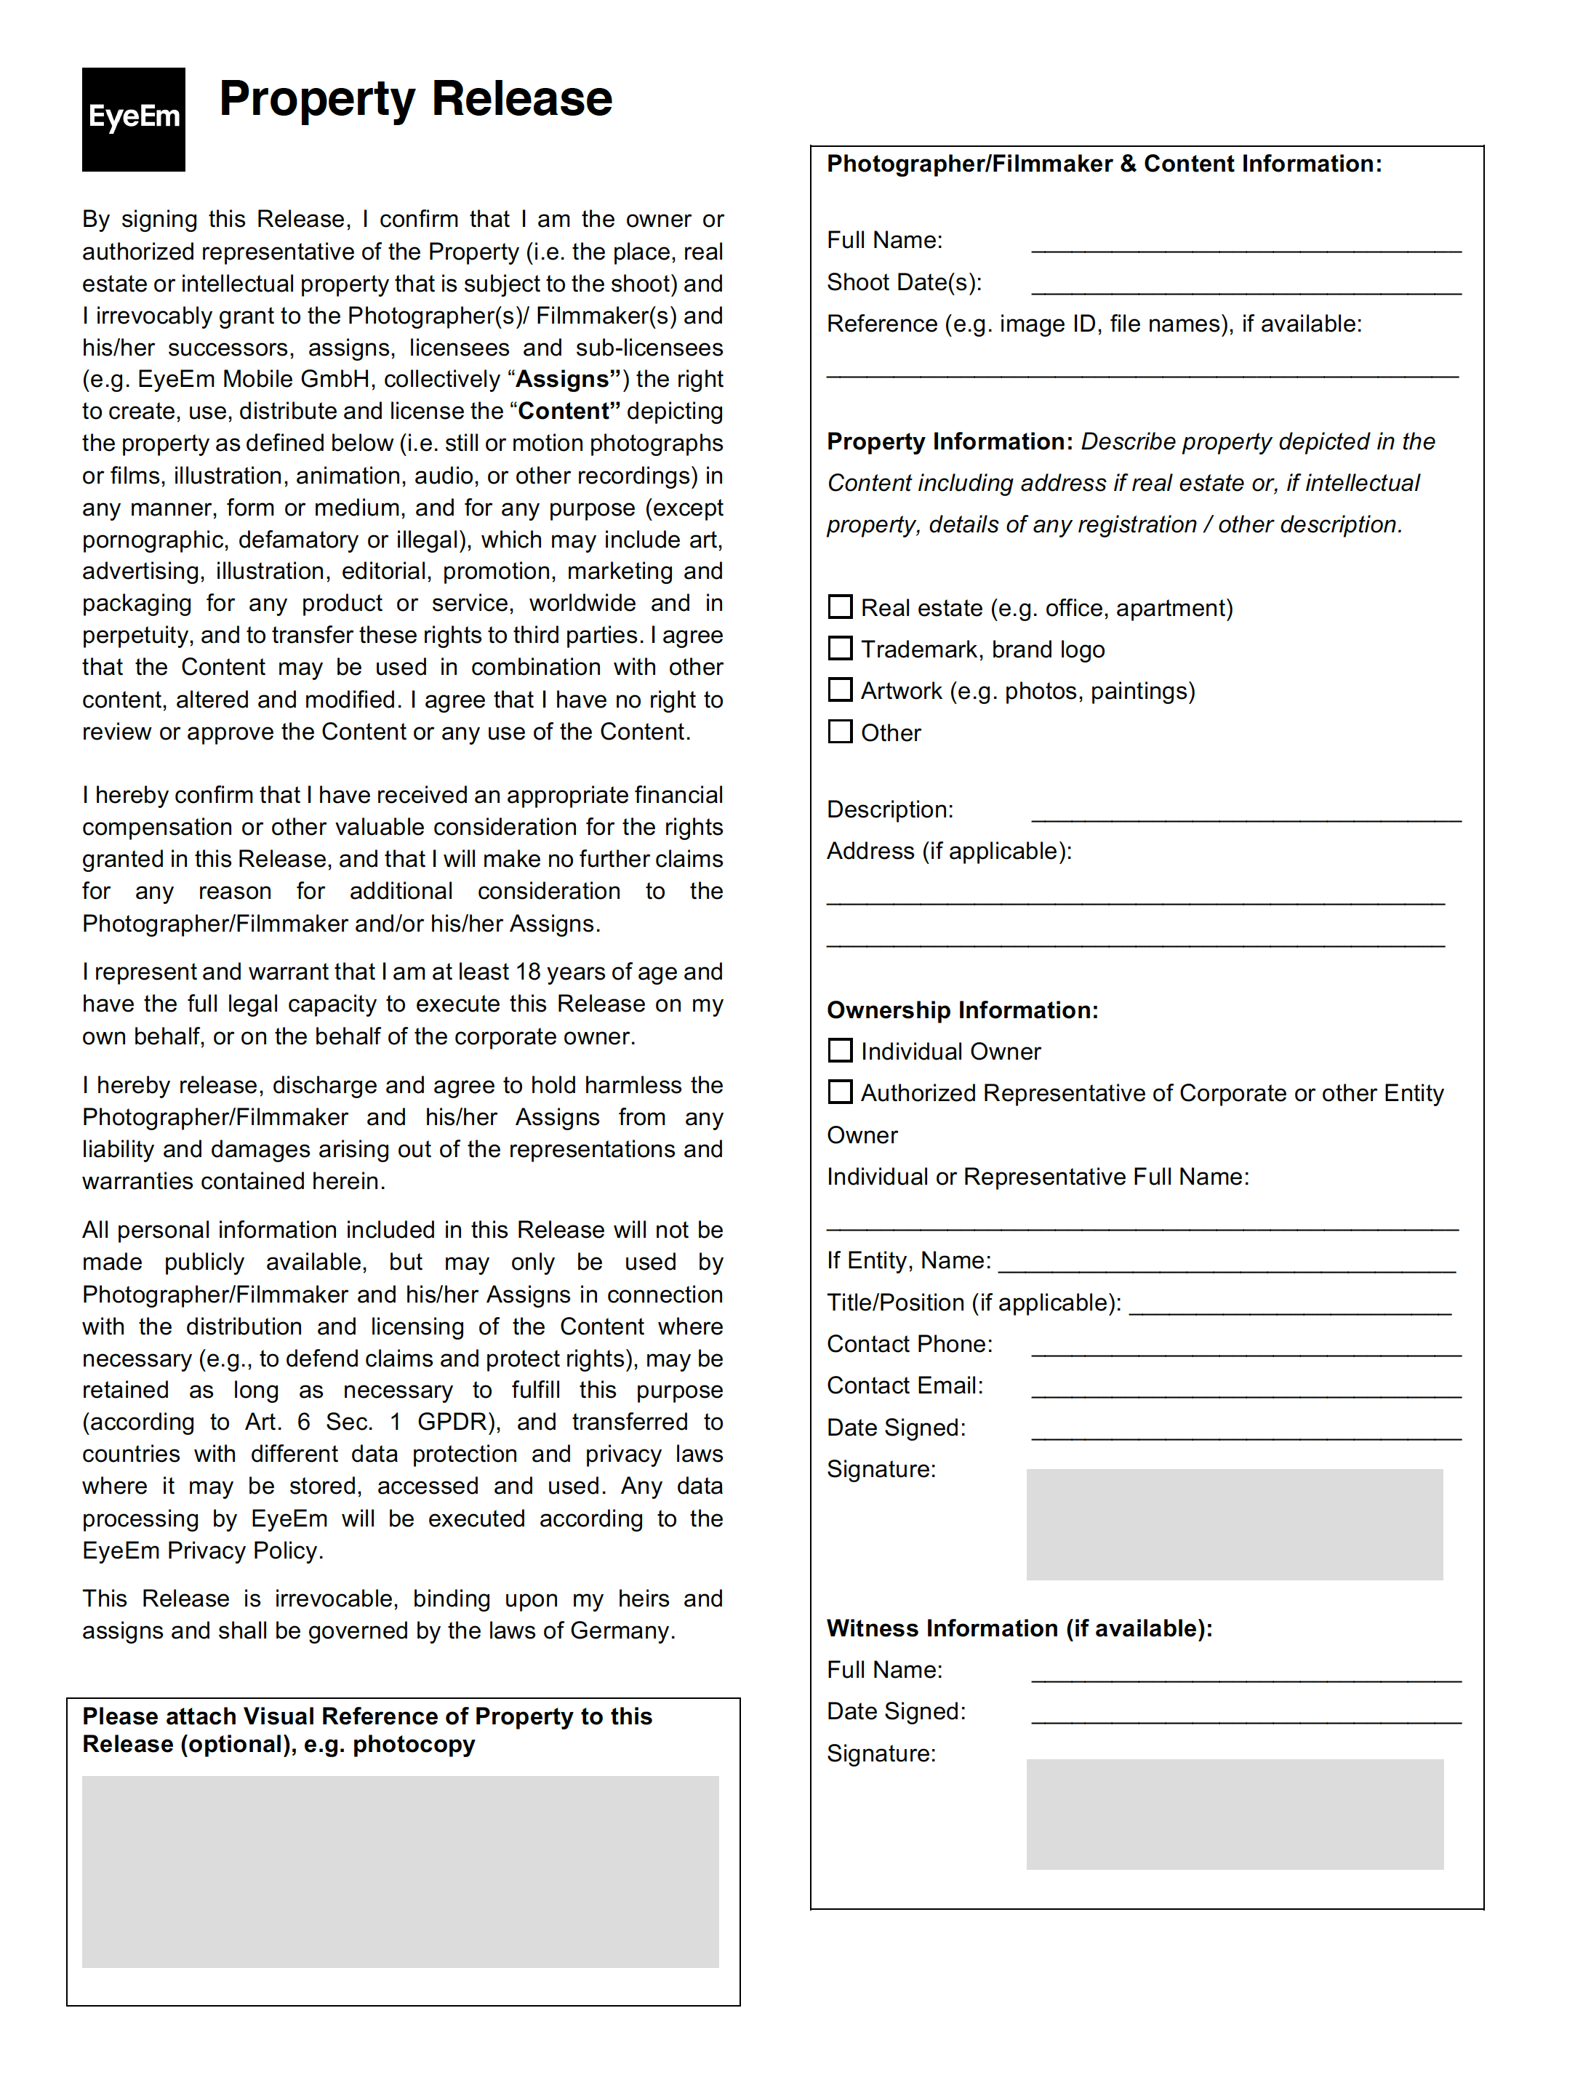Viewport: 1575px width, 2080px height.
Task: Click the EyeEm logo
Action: [x=134, y=119]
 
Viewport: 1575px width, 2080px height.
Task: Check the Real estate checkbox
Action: [x=840, y=607]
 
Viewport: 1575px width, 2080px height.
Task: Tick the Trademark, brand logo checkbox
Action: [x=840, y=648]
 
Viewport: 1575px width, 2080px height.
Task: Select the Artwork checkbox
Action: [x=840, y=689]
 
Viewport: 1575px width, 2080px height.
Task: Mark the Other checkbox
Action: [x=840, y=731]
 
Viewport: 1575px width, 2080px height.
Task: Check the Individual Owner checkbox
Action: [x=840, y=1049]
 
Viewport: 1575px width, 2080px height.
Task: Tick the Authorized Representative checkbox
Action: [x=840, y=1091]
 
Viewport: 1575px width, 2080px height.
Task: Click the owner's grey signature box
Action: [x=1234, y=1524]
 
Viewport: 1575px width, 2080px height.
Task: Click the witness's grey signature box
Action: [x=1234, y=1813]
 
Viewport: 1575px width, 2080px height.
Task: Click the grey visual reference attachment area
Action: [x=400, y=1871]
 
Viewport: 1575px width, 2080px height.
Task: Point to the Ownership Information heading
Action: [x=962, y=1010]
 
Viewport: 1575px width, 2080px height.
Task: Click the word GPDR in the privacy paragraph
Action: [x=458, y=1422]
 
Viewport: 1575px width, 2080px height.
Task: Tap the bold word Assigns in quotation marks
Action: [x=562, y=379]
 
